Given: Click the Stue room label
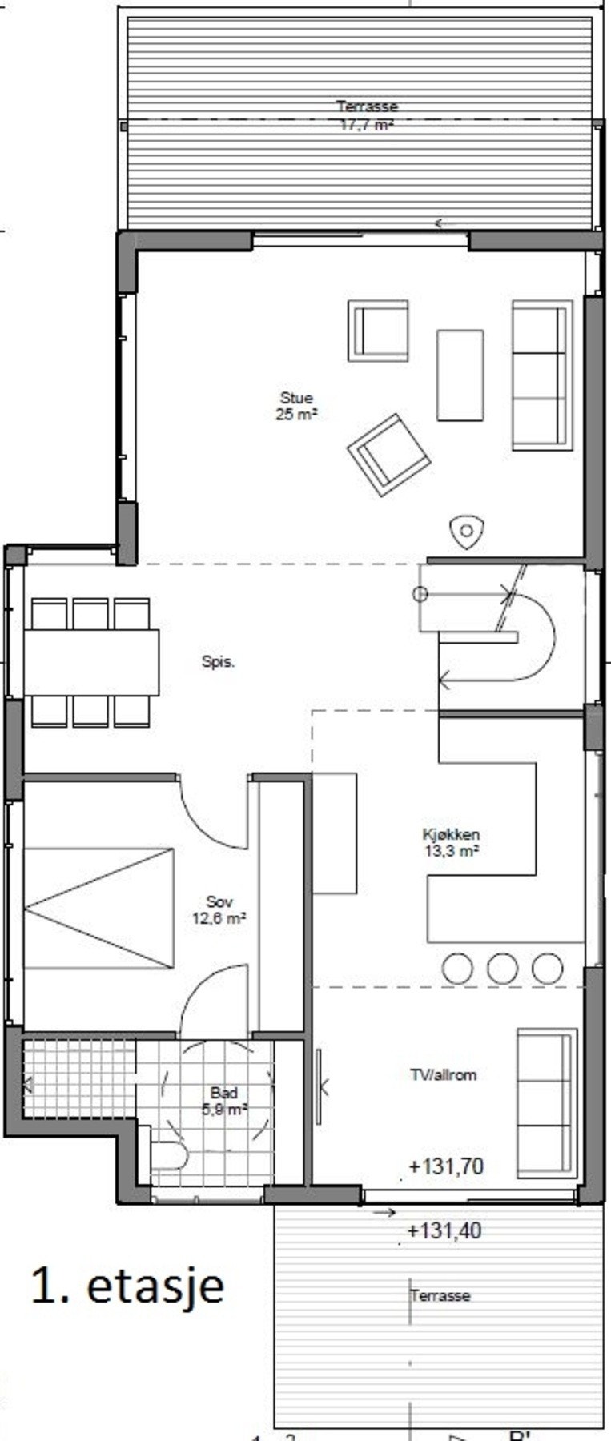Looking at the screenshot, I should pos(296,398).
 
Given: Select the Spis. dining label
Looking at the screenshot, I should pos(218,662).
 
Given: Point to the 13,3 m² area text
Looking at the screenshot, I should pos(451,851).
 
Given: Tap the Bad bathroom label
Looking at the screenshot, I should pos(223,1093).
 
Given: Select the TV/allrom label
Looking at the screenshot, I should pos(443,1075).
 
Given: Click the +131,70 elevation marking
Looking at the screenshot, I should pos(446,1166).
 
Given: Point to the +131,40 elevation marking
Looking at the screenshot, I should pos(444,1230).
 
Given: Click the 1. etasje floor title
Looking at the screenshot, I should pos(127,1286).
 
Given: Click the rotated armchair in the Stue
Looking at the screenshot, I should pos(388,455).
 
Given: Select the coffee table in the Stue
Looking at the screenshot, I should pos(460,375).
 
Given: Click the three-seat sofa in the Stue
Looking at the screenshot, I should pos(542,375).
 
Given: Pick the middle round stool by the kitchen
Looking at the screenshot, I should pos(502,968).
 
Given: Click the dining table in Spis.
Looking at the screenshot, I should pos(91,662).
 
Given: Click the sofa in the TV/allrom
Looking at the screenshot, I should pos(546,1103).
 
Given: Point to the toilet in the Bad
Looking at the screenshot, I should pos(169,1155).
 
